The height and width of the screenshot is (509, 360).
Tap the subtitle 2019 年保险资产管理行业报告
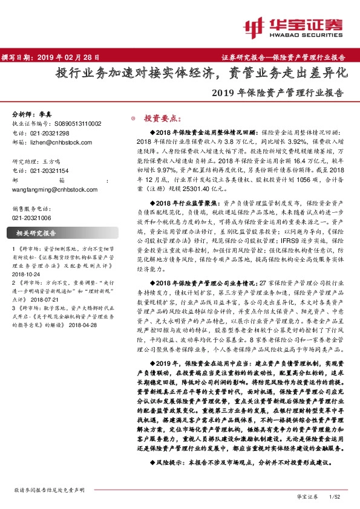click(278, 94)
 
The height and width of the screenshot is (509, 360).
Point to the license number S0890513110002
click(76, 123)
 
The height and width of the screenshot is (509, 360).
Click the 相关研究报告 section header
click(36, 233)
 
